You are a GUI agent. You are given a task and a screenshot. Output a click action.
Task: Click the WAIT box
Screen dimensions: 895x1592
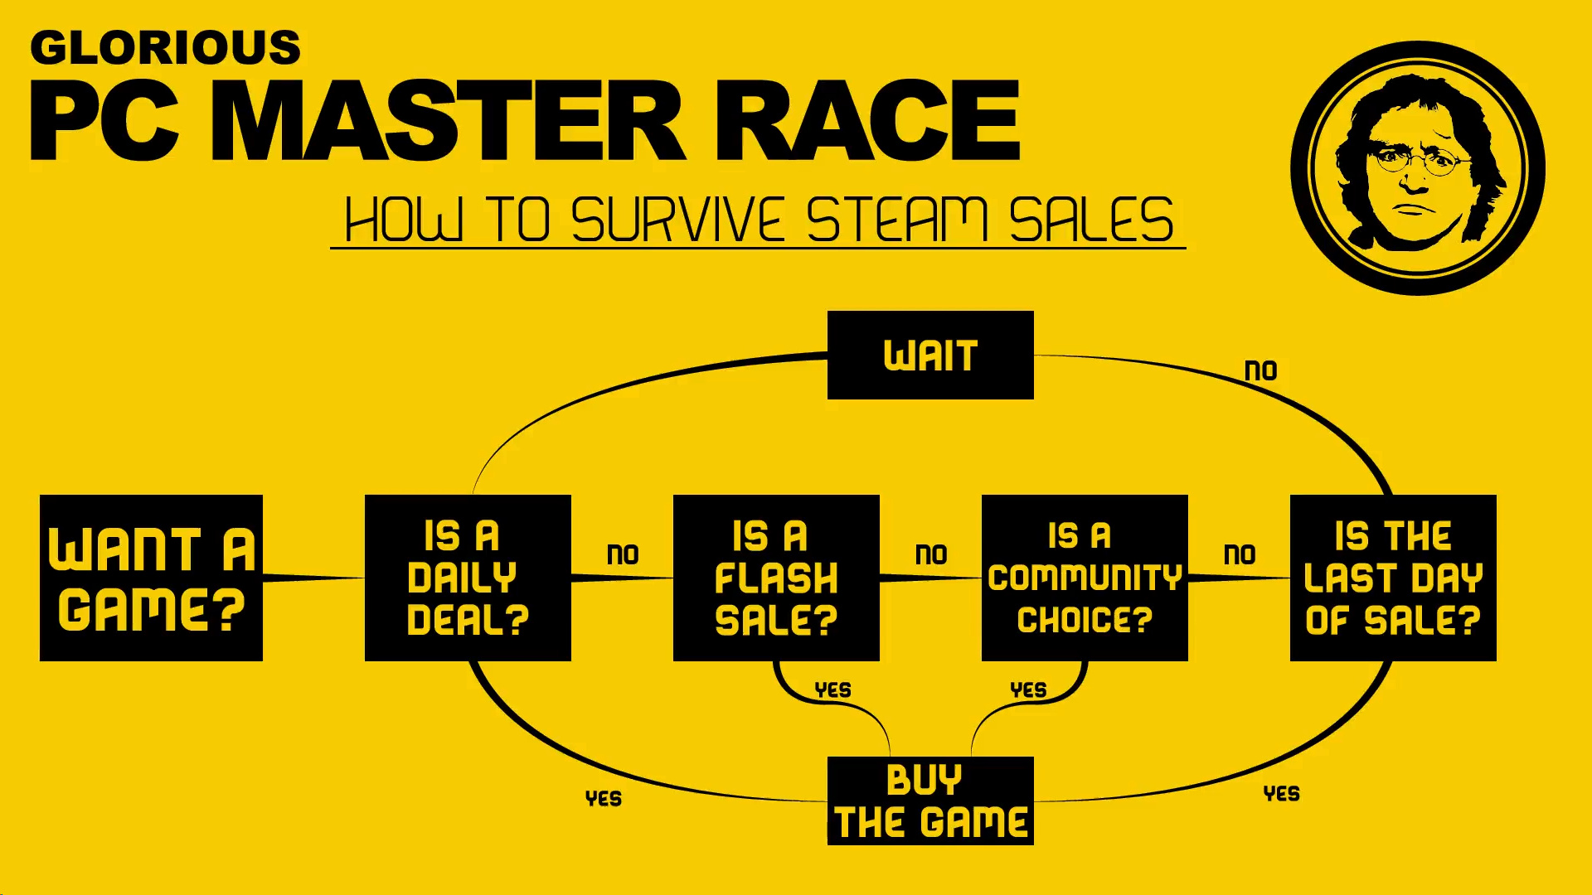coord(930,355)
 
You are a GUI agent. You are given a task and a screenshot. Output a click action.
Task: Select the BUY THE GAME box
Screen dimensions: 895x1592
coord(930,801)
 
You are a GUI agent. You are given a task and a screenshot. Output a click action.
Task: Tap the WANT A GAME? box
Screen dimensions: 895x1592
coord(151,578)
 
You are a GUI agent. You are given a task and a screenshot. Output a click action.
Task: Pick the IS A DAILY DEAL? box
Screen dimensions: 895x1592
coord(468,578)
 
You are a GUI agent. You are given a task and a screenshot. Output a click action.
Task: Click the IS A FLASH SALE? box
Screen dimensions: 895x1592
coord(776,578)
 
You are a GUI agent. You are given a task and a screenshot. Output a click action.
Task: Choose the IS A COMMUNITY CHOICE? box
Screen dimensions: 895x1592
coord(1085,578)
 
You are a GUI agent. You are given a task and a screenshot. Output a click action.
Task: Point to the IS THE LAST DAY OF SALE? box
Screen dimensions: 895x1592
coord(1393,578)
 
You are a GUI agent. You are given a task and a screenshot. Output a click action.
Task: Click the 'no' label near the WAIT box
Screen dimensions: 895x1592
coord(1260,370)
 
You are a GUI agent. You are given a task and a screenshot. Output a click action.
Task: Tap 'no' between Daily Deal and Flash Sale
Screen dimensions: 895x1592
coord(623,554)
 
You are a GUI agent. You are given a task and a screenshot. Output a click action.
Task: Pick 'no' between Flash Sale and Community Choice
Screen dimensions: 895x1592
coord(931,554)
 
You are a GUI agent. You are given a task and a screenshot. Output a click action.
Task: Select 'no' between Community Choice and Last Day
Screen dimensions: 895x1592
coord(1240,554)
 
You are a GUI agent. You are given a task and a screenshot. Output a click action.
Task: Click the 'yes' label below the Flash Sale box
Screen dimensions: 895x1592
coord(832,689)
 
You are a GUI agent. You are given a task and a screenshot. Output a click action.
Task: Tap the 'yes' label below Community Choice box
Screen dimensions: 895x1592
coord(1028,689)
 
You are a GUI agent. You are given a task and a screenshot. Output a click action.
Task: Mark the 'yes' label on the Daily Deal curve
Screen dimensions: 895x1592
coord(603,798)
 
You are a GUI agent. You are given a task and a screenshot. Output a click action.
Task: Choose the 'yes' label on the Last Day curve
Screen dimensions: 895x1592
coord(1281,793)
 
